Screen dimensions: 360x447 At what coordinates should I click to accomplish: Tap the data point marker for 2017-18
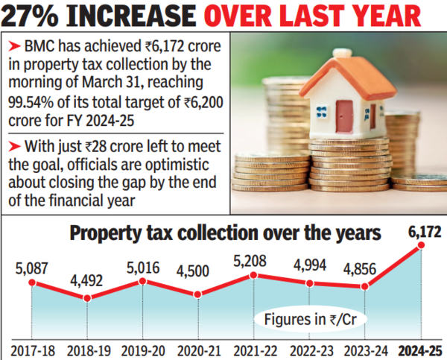(x=32, y=283)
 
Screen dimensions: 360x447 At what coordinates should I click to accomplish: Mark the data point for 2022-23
(x=310, y=284)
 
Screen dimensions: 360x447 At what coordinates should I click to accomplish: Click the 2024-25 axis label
(x=419, y=349)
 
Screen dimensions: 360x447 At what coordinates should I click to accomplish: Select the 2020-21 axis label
(x=198, y=349)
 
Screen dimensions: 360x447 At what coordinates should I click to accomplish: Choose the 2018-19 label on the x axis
(x=87, y=349)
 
